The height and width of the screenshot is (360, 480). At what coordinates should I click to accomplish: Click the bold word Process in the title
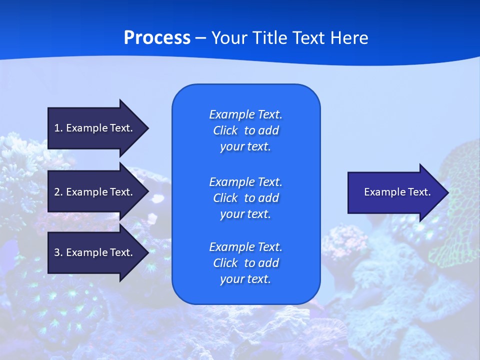[x=157, y=38]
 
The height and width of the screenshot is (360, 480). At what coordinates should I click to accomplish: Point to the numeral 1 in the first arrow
[x=57, y=128]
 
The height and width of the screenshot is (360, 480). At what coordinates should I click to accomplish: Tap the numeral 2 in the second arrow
[x=57, y=192]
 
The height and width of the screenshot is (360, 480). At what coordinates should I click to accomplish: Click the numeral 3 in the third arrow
[x=57, y=252]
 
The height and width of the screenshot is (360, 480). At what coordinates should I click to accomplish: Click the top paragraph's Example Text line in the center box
[x=245, y=114]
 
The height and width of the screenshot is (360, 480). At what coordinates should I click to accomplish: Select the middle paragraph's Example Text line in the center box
[x=245, y=181]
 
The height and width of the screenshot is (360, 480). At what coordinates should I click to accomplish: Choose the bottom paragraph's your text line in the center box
[x=245, y=279]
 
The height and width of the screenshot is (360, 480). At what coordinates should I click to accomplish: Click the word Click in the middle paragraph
[x=225, y=198]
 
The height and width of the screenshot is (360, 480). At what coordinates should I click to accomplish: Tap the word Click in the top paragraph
[x=225, y=130]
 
